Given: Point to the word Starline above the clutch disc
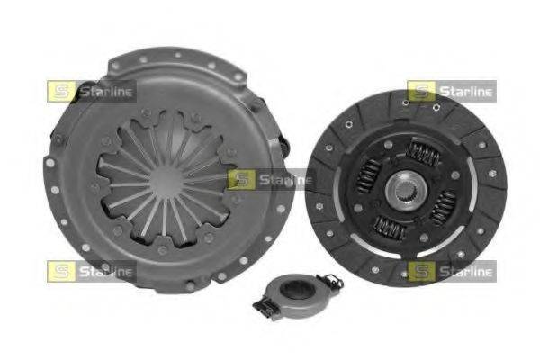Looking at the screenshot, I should click(x=466, y=91).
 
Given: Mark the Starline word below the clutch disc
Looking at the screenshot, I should click(x=466, y=271).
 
